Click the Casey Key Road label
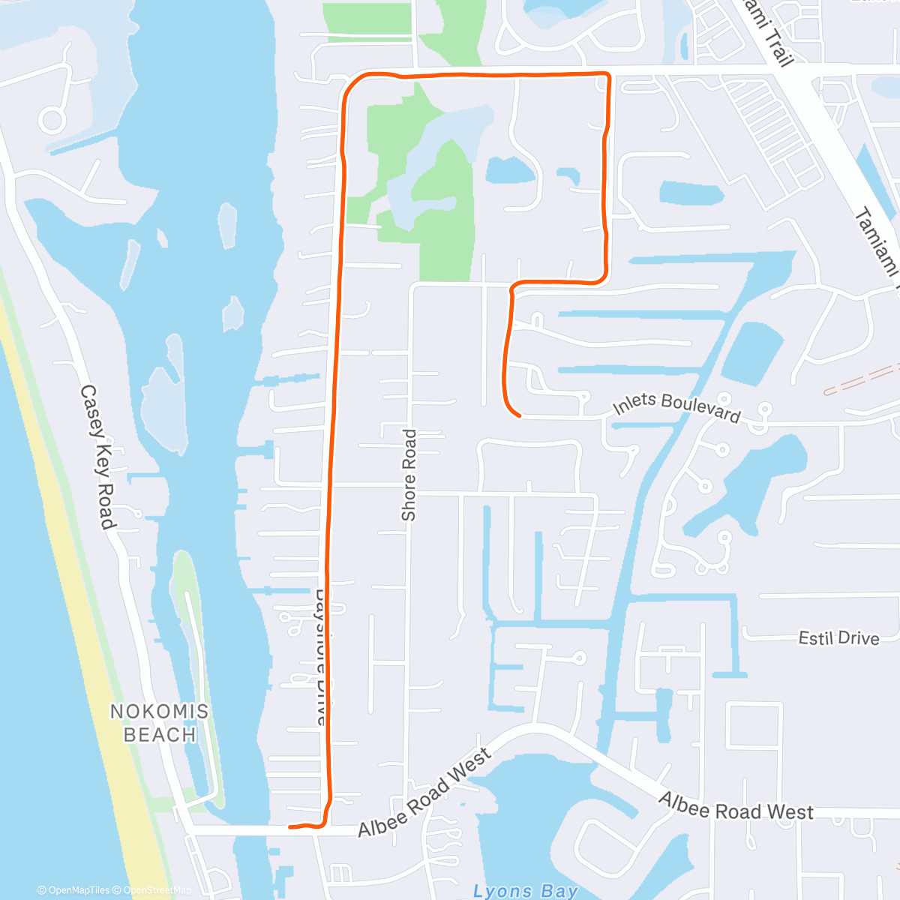pos(98,457)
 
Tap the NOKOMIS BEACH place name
pos(160,723)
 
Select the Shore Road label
pos(409,475)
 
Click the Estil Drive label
pos(838,638)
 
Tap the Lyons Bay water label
pos(525,890)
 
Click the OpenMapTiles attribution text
pos(73,890)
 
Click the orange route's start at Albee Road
pos(290,827)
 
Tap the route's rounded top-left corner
pos(350,82)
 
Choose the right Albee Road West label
pos(736,807)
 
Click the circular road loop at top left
pos(52,120)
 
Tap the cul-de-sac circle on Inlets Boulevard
pos(764,409)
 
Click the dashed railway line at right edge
pos(862,379)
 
